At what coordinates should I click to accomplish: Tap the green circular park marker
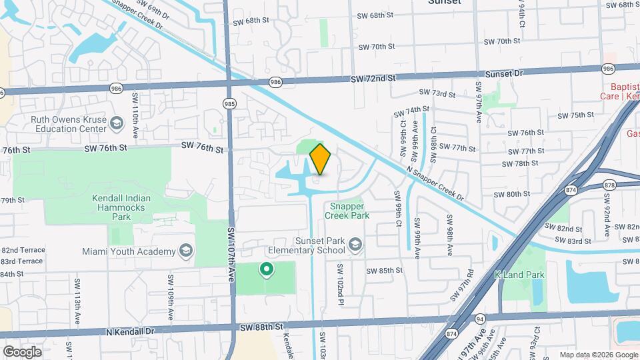pos(267,270)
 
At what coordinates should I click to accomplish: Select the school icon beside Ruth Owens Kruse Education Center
pos(117,123)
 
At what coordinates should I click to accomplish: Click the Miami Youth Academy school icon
pos(186,251)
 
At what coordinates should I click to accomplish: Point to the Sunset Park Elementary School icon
pos(355,245)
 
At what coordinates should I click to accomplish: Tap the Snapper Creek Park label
pos(347,211)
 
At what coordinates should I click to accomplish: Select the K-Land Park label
pos(519,275)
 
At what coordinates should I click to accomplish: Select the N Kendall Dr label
pos(130,331)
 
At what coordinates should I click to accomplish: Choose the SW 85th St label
pos(385,270)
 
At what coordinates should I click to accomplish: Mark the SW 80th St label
pos(511,194)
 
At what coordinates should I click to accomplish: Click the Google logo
pos(22,351)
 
